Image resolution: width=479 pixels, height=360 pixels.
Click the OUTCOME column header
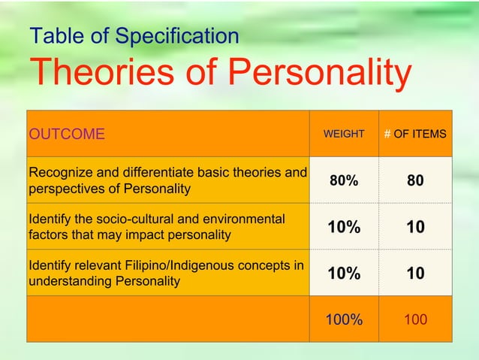(67, 135)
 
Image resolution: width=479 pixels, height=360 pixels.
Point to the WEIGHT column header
(343, 135)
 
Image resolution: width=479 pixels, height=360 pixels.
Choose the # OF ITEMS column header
(415, 135)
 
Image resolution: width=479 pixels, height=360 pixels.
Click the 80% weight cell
(343, 181)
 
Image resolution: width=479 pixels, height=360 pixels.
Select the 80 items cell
(415, 181)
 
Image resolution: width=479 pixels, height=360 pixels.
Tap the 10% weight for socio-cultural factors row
(343, 228)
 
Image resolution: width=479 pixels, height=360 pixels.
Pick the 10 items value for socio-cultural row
(415, 228)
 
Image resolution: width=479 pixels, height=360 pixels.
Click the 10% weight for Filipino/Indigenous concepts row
(343, 274)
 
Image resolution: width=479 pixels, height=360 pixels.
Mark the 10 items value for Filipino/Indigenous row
(415, 274)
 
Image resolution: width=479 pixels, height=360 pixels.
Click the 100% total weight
(343, 320)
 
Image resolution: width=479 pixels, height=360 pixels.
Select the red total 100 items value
(415, 320)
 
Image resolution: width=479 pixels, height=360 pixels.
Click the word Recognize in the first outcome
(59, 174)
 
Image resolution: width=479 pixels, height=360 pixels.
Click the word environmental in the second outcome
(248, 219)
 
